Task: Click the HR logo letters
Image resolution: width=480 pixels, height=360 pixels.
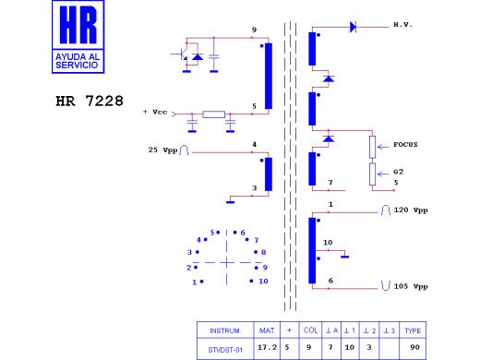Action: click(78, 25)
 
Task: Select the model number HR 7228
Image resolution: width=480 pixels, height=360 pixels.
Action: click(90, 101)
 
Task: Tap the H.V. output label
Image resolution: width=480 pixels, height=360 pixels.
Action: click(402, 25)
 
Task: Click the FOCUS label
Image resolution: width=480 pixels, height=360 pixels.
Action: click(405, 144)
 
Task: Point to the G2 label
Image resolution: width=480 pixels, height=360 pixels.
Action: click(398, 172)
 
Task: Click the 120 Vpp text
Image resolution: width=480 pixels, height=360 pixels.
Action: click(411, 210)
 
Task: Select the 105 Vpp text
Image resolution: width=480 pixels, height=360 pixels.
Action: click(411, 286)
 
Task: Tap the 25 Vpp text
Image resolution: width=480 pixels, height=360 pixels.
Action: click(162, 150)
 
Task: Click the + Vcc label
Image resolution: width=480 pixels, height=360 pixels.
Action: click(155, 112)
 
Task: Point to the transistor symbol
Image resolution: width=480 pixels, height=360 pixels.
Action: click(184, 54)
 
